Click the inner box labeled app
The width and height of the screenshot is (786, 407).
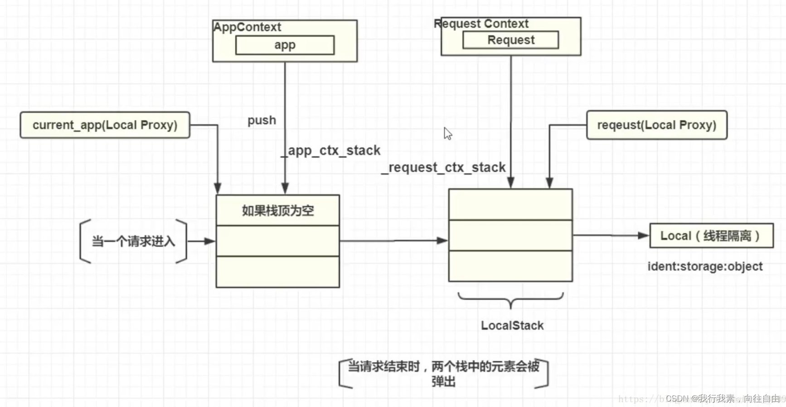pyautogui.click(x=285, y=45)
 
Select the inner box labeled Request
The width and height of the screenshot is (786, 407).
pyautogui.click(x=510, y=40)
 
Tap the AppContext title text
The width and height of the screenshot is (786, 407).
pyautogui.click(x=247, y=27)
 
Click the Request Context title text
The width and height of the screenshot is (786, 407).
pyautogui.click(x=481, y=24)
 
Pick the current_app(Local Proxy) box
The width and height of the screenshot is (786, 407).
pyautogui.click(x=105, y=125)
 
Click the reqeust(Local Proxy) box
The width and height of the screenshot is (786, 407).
pyautogui.click(x=656, y=125)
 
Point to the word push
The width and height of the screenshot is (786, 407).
pyautogui.click(x=262, y=121)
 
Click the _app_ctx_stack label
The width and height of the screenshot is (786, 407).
pyautogui.click(x=331, y=150)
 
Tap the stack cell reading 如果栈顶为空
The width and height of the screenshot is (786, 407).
pyautogui.click(x=277, y=211)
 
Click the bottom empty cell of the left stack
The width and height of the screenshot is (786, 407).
pyautogui.click(x=277, y=272)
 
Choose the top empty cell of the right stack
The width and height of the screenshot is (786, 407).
pyautogui.click(x=510, y=205)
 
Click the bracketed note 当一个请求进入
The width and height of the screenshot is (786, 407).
pyautogui.click(x=133, y=241)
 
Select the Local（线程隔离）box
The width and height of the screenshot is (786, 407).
pyautogui.click(x=711, y=236)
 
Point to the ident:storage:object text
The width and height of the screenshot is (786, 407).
pyautogui.click(x=705, y=266)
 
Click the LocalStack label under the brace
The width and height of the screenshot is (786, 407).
pyautogui.click(x=512, y=325)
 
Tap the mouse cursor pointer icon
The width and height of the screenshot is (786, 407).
pyautogui.click(x=448, y=134)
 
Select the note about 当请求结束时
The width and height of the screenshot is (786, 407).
pyautogui.click(x=443, y=373)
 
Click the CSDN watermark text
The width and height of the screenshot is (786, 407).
pyautogui.click(x=723, y=398)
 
